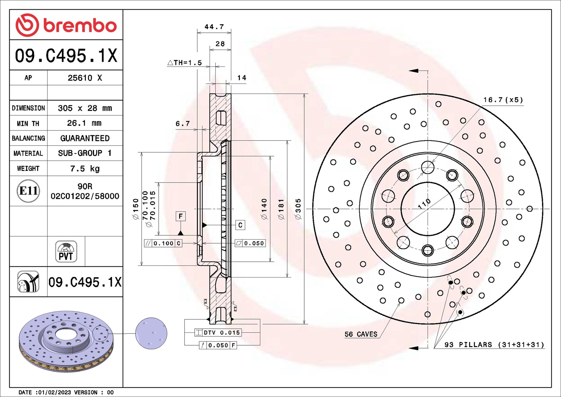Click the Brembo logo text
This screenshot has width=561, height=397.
click(x=80, y=25)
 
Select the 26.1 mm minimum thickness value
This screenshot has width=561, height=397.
click(x=84, y=123)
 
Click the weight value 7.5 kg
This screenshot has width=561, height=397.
click(x=85, y=169)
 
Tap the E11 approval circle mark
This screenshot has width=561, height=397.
click(x=28, y=191)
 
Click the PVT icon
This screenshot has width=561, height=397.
click(x=66, y=252)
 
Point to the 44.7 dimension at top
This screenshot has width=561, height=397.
click(x=214, y=27)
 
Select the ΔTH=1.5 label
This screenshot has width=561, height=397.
click(x=185, y=63)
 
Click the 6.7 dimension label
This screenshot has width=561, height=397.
click(x=183, y=124)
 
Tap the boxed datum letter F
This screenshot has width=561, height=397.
click(x=180, y=216)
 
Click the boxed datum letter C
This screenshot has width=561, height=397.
click(x=240, y=225)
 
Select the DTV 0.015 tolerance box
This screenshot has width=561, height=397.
click(x=218, y=333)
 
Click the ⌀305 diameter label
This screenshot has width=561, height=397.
click(x=298, y=209)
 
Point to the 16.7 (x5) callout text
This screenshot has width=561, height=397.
click(x=503, y=100)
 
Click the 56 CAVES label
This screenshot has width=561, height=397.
click(x=361, y=334)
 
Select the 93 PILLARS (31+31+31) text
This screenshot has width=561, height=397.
click(x=494, y=345)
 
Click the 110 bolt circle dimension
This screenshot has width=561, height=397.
click(x=424, y=204)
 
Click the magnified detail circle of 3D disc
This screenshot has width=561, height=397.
click(x=151, y=333)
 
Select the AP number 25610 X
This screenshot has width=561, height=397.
click(x=85, y=78)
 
